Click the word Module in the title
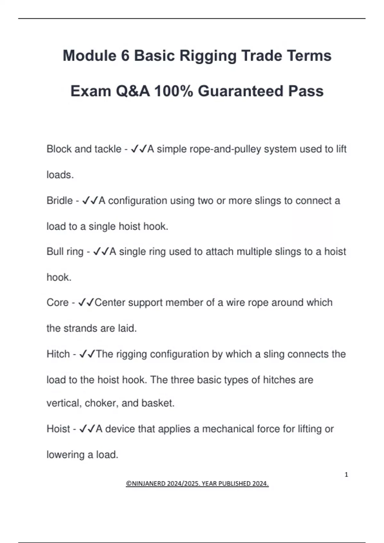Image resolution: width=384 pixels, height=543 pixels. (90, 56)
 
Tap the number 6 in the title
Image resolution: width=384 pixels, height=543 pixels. (125, 56)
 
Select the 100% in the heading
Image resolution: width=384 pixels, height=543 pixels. (174, 91)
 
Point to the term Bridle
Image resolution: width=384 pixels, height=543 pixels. (60, 201)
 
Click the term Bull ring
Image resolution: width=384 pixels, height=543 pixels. (65, 252)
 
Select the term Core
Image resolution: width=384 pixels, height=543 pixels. (58, 302)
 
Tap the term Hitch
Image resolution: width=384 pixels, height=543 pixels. (58, 354)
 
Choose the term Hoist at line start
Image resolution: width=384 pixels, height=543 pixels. (58, 429)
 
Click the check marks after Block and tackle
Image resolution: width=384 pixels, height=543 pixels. (139, 149)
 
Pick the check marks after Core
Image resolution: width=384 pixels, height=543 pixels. (86, 302)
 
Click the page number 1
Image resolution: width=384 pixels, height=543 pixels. (346, 475)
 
